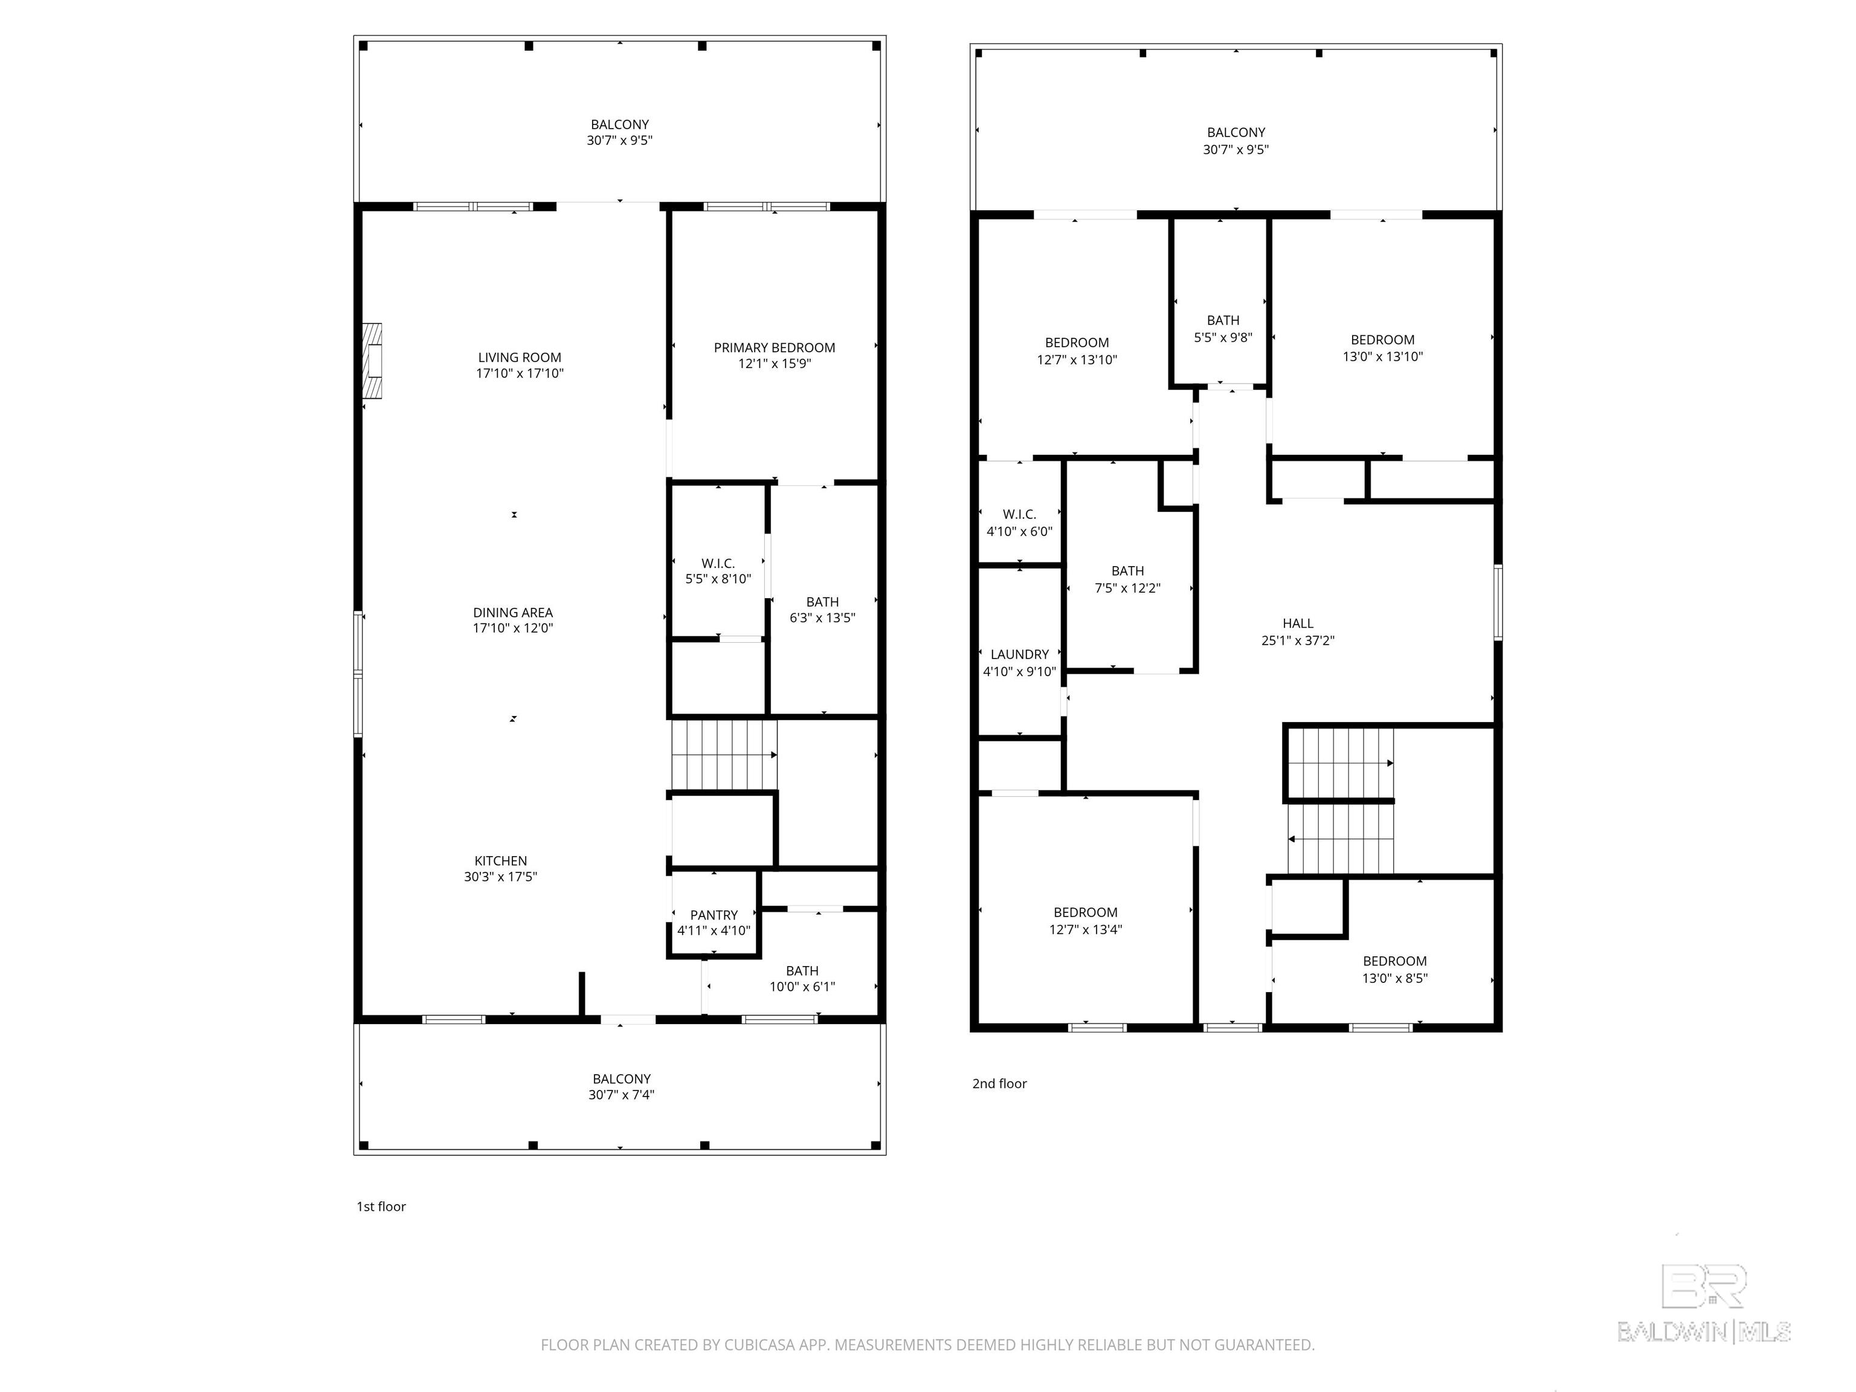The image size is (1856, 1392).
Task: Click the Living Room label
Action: pyautogui.click(x=520, y=358)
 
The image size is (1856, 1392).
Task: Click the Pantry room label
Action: pyautogui.click(x=714, y=915)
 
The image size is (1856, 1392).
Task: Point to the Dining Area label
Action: pyautogui.click(x=513, y=613)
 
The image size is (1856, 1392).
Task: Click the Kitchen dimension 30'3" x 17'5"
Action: pyautogui.click(x=500, y=877)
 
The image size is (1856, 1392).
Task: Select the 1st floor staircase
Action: pyautogui.click(x=723, y=755)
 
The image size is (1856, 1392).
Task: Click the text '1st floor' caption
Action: pyautogui.click(x=381, y=1207)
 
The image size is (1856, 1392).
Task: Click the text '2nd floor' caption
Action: pyautogui.click(x=999, y=1083)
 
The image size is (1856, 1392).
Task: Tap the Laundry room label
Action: pyautogui.click(x=1019, y=654)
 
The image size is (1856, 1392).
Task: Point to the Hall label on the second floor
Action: pyautogui.click(x=1297, y=623)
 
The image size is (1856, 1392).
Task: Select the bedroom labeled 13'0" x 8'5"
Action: pyautogui.click(x=1394, y=970)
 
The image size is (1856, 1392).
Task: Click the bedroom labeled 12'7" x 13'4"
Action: pyautogui.click(x=1085, y=921)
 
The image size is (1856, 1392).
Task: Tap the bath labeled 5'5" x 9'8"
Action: pyautogui.click(x=1222, y=329)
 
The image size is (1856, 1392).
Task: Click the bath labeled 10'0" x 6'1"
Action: pyautogui.click(x=802, y=978)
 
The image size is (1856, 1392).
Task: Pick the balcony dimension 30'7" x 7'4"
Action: pyautogui.click(x=621, y=1095)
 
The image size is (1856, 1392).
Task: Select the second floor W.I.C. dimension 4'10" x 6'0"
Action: pyautogui.click(x=1019, y=532)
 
